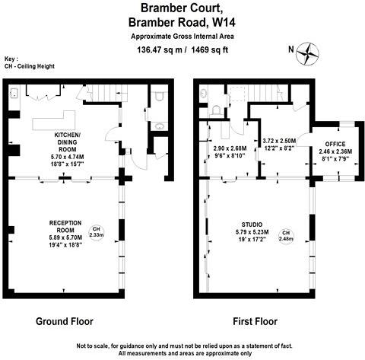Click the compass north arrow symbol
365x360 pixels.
(x=309, y=52)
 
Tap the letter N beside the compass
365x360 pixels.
(x=289, y=51)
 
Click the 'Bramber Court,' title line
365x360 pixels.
(x=182, y=8)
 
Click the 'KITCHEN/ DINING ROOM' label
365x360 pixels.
(x=71, y=144)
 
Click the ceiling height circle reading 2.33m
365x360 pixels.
(x=96, y=232)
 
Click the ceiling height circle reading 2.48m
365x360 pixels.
(x=285, y=235)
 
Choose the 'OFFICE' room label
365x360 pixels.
(x=335, y=143)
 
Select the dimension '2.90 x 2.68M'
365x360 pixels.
(x=229, y=148)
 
